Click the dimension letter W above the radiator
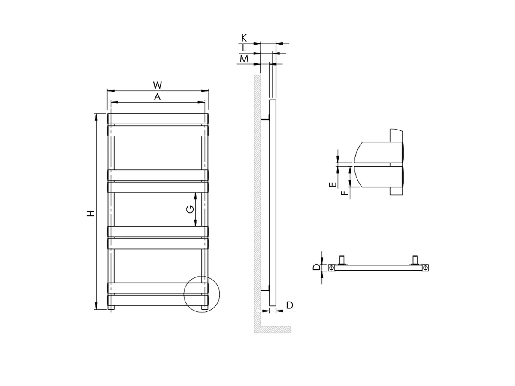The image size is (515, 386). coord(158,84)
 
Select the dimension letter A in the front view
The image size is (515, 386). coord(158,97)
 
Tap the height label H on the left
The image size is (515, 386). coord(90,213)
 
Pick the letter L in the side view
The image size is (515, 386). coord(244,48)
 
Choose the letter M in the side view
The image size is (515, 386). coord(244,59)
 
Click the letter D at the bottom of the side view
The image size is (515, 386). coord(290,305)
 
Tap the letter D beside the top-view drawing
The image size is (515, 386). coord(316,268)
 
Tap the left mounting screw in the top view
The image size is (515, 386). coord(332,268)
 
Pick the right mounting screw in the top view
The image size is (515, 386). coord(425,268)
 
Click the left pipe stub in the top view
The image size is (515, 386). coord(342,259)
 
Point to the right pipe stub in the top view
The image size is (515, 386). coord(415,259)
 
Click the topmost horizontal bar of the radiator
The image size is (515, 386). coord(158,118)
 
